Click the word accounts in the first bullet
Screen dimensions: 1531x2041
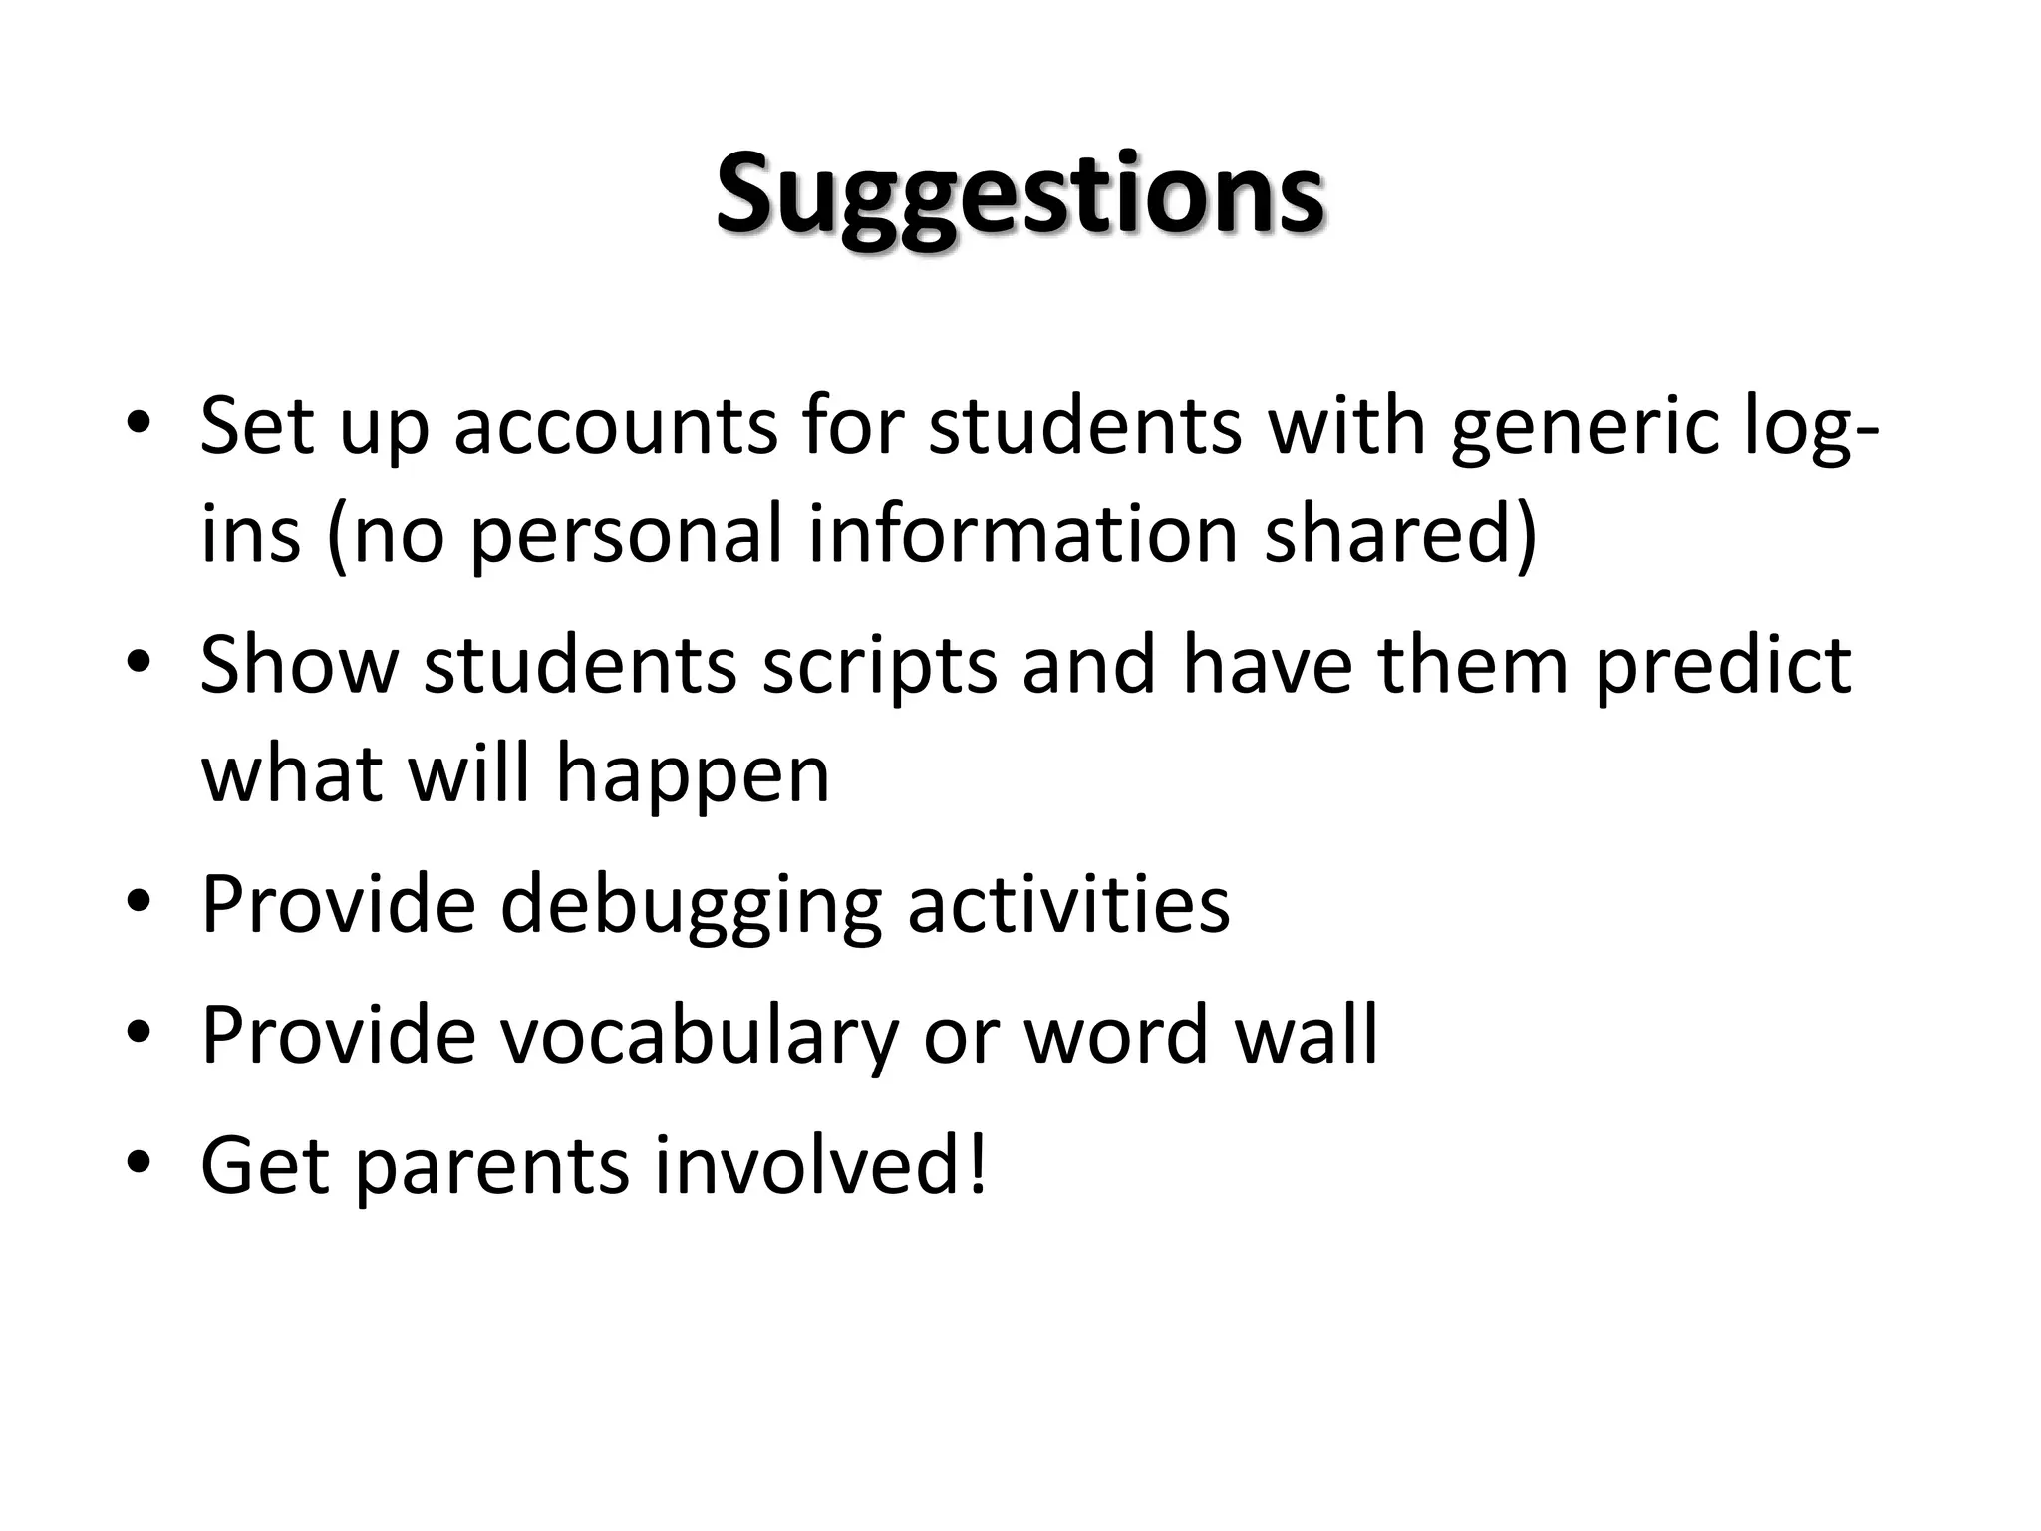[616, 427]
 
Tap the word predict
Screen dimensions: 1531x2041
[1722, 666]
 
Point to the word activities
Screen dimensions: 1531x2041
[1068, 903]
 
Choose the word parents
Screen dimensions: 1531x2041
[491, 1168]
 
